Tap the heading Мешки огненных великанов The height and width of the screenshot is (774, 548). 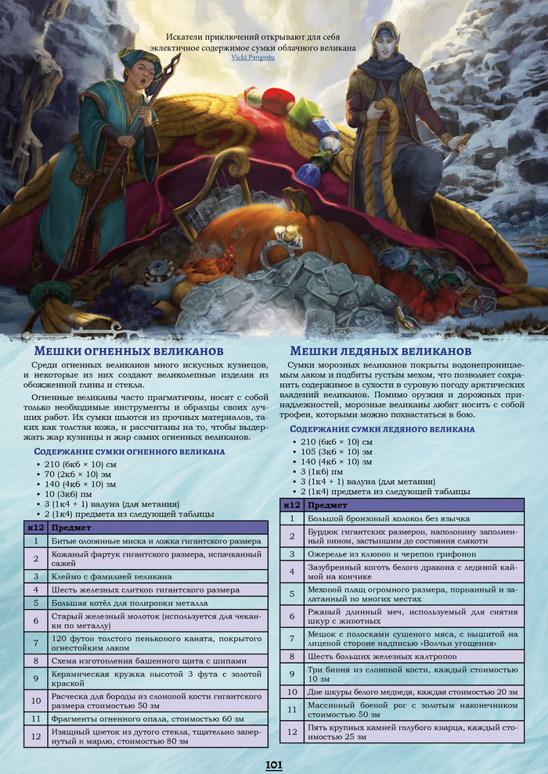coord(129,351)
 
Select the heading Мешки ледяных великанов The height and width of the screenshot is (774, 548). coord(380,351)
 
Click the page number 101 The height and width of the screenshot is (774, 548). coord(274,764)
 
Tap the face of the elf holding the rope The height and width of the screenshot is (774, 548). coord(380,46)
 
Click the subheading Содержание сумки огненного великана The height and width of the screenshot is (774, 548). coord(129,451)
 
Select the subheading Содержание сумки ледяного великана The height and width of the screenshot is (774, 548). coord(382,428)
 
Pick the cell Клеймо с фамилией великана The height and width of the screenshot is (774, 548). coord(111,576)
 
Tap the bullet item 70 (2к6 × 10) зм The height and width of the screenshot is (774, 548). coord(81,474)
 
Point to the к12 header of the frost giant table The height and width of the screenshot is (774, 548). coord(291,505)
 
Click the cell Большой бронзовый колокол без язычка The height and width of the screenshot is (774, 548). coord(366,518)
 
